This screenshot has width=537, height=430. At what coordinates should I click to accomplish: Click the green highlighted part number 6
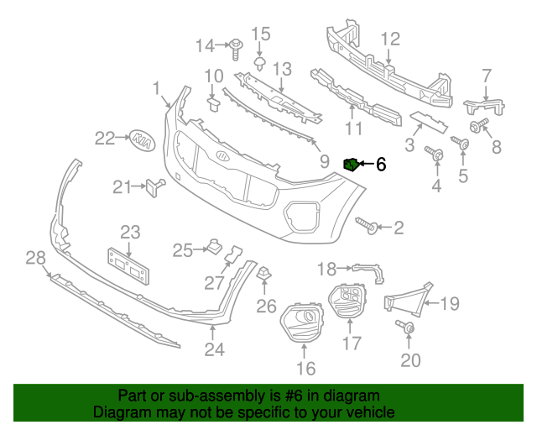(x=352, y=164)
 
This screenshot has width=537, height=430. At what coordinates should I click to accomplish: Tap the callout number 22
(x=105, y=138)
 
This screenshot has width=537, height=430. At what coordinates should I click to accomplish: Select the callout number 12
(x=390, y=39)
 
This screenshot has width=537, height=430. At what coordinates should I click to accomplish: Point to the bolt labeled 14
(x=235, y=44)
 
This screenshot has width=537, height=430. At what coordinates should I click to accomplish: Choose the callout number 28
(x=34, y=257)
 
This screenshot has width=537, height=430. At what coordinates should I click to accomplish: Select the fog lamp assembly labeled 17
(x=347, y=302)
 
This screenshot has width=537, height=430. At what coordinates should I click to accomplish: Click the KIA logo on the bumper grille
(x=222, y=157)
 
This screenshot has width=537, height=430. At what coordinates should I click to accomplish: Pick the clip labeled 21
(x=154, y=186)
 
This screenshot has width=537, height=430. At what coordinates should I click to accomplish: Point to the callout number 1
(x=156, y=88)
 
